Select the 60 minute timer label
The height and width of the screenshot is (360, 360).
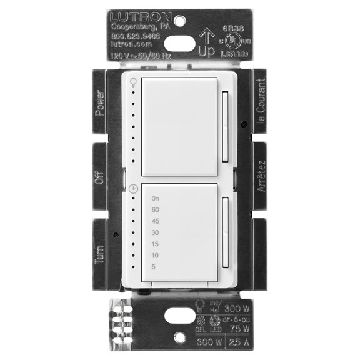click(x=155, y=209)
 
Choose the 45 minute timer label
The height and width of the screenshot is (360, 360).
click(x=155, y=221)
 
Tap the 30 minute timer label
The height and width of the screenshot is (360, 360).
click(x=155, y=232)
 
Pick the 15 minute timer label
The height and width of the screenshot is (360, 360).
click(x=155, y=244)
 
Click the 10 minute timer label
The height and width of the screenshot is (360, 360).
click(x=155, y=255)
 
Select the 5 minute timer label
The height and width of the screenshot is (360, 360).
click(x=153, y=267)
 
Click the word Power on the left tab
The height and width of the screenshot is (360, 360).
click(x=99, y=102)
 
